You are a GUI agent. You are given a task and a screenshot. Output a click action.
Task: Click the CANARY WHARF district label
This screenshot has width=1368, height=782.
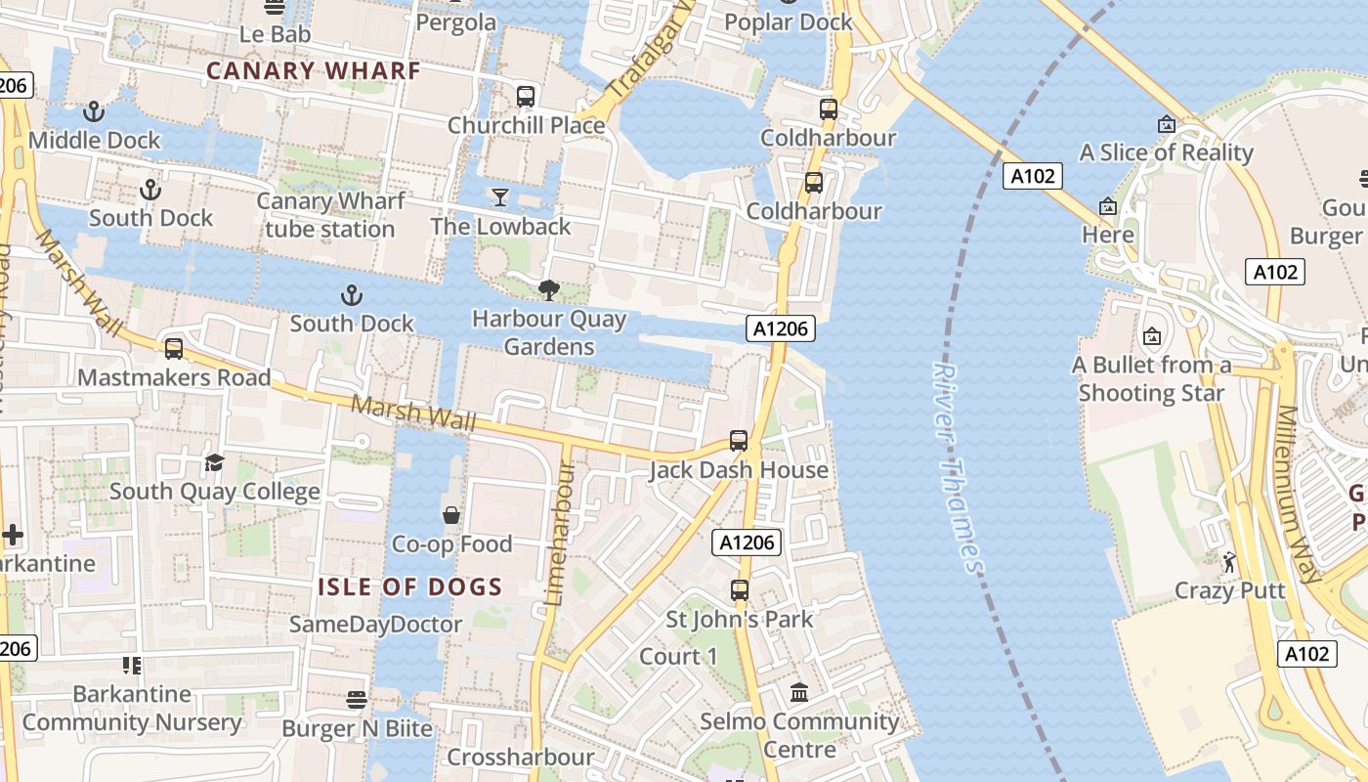tap(313, 70)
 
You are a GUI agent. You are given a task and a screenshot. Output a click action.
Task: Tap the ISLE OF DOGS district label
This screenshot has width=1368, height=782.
tap(409, 587)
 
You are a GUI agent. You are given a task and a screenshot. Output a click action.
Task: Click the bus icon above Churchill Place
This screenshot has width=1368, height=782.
tap(526, 97)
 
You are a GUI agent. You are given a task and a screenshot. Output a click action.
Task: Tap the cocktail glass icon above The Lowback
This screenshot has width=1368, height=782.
tap(500, 197)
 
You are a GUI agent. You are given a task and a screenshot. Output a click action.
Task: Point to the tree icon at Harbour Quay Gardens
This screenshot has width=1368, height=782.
tap(548, 289)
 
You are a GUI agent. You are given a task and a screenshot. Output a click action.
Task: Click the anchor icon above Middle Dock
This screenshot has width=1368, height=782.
tap(94, 111)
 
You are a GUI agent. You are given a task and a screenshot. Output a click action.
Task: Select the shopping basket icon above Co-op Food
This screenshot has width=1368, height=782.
tap(451, 515)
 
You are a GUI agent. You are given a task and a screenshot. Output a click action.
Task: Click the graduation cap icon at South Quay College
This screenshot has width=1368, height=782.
tap(214, 462)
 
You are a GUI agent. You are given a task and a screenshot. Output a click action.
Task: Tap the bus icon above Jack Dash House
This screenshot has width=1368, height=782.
tap(739, 441)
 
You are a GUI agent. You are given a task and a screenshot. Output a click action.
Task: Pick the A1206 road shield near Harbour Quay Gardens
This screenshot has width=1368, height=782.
tap(781, 328)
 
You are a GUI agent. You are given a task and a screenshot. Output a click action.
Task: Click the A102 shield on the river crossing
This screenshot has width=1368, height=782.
tap(1032, 176)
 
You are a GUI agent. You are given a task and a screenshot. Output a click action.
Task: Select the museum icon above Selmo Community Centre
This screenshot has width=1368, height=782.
tap(799, 693)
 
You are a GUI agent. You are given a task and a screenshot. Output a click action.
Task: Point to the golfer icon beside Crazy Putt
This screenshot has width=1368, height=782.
tap(1229, 562)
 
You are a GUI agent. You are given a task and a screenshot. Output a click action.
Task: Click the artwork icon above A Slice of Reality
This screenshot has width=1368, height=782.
tap(1166, 124)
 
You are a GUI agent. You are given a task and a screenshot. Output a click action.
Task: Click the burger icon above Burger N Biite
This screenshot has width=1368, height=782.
tap(357, 700)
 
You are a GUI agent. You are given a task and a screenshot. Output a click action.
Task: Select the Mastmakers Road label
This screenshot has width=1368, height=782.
tap(174, 377)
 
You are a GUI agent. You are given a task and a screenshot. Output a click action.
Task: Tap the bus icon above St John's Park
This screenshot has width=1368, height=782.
tap(740, 590)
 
